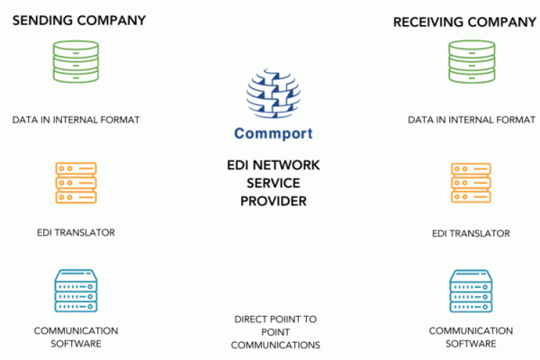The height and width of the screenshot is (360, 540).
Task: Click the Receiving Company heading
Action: pos(459,21)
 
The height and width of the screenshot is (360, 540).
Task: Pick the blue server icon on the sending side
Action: pos(76,289)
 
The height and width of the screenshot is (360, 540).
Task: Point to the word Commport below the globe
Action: pos(274,135)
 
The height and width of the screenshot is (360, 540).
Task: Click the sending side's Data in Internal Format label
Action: pos(76,119)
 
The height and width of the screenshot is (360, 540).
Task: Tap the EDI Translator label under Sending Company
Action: pos(76,233)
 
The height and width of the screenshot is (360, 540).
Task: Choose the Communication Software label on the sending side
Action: pos(76,337)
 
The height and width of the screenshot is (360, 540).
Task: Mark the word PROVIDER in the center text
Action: pos(274,201)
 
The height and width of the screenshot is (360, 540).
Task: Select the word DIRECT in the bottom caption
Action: pos(253,319)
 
